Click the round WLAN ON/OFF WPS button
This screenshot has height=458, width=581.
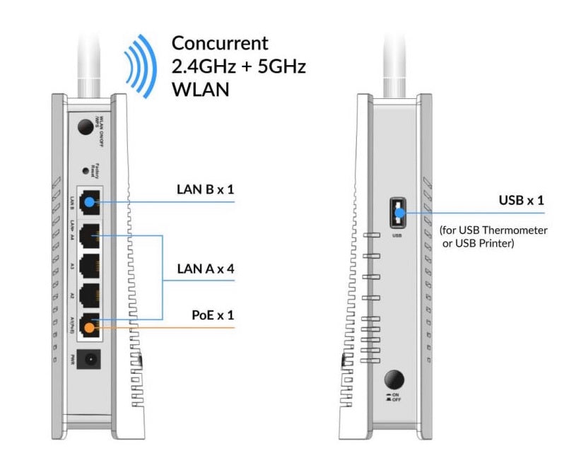pyautogui.click(x=86, y=127)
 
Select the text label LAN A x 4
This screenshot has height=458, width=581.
pyautogui.click(x=205, y=269)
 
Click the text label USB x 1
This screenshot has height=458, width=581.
pyautogui.click(x=522, y=201)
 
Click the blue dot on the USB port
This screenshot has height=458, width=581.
pyautogui.click(x=397, y=211)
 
